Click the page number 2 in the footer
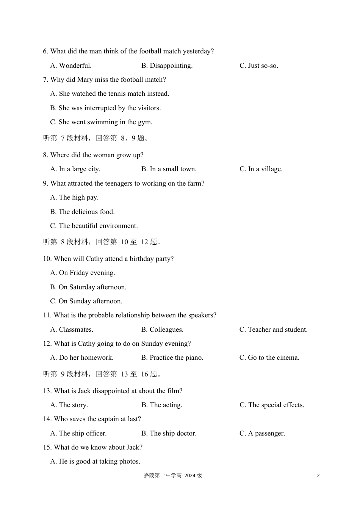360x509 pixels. (x=318, y=476)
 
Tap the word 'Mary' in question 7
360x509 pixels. (x=85, y=80)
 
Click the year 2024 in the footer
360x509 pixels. (x=190, y=476)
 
